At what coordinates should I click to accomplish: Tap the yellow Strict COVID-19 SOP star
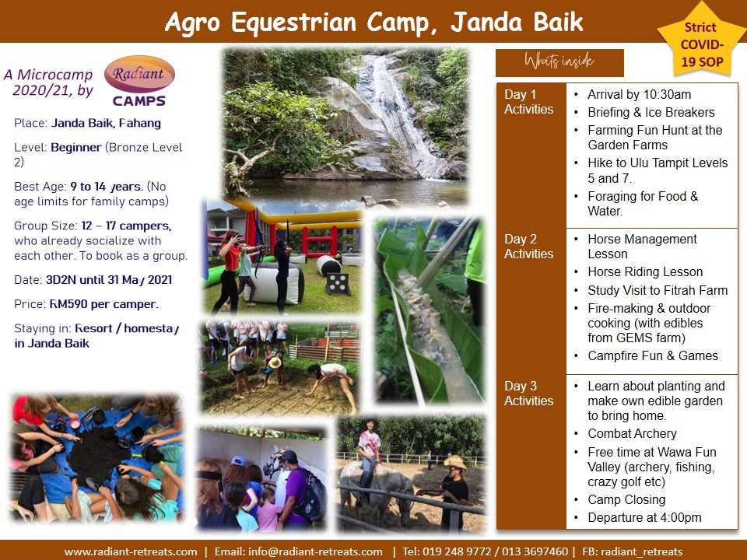[x=701, y=43]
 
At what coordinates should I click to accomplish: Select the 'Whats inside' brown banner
[x=559, y=62]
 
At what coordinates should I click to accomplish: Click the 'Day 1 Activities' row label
[x=528, y=102]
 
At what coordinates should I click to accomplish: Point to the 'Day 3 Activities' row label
[x=528, y=394]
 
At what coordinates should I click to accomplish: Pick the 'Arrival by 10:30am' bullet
[x=639, y=94]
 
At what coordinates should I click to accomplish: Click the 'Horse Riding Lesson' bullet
[x=645, y=272]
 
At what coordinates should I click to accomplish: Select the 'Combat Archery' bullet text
[x=632, y=433]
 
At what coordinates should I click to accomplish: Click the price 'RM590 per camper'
[x=103, y=304]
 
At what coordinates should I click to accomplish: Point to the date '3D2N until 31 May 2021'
[x=109, y=280]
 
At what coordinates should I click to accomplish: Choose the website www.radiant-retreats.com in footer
[x=131, y=552]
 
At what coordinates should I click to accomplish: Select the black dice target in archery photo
[x=338, y=284]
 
